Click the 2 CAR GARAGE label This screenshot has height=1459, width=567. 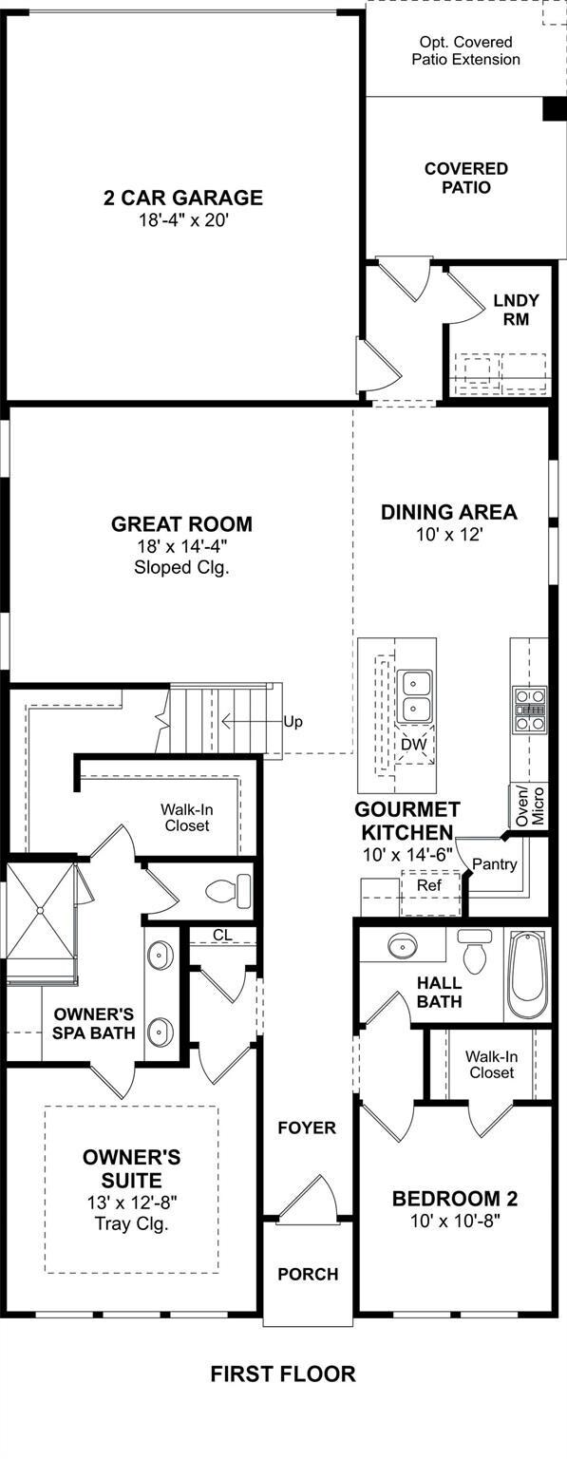[183, 198]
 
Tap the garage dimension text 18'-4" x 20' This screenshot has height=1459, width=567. [183, 220]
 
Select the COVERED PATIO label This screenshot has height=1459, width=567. [466, 178]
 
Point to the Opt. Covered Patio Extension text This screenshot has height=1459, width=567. [465, 50]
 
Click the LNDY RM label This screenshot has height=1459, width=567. [517, 310]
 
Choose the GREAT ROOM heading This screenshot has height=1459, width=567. [181, 523]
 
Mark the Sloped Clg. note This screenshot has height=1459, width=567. [181, 567]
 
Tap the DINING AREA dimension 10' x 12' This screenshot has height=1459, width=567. [449, 535]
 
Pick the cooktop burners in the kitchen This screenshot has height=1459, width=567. [529, 710]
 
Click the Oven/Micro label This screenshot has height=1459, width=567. [531, 805]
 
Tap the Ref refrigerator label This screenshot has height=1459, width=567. [429, 885]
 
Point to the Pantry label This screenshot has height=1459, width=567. [495, 864]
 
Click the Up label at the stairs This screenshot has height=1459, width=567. [293, 722]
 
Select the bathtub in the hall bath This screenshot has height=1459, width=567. [528, 975]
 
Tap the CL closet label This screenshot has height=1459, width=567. [222, 936]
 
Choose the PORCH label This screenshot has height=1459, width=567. [308, 1274]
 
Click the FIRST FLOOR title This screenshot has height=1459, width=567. [283, 1374]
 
